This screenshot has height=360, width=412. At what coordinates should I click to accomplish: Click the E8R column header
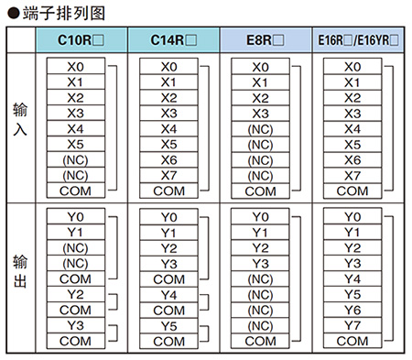pos(265,40)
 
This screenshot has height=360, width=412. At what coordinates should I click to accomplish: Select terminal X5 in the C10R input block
pos(76,144)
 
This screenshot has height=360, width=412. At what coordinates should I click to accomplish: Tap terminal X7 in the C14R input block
pos(169,175)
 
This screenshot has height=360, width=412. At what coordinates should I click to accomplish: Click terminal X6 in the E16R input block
pos(352,159)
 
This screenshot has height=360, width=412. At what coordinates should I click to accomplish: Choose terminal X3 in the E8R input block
pos(261,113)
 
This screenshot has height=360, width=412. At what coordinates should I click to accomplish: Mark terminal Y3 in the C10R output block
pos(76,325)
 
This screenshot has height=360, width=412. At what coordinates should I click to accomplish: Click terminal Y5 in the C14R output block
pos(169,325)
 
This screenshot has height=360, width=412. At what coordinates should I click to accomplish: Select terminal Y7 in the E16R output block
pos(352,325)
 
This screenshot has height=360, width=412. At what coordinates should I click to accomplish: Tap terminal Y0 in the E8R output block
pos(261,217)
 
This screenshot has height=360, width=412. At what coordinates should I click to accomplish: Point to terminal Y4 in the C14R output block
pos(169,294)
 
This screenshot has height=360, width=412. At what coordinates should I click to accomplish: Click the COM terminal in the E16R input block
pos(352,191)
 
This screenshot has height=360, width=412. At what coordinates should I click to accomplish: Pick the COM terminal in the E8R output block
pos(261,341)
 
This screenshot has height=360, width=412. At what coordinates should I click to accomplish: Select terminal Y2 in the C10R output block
pos(76,294)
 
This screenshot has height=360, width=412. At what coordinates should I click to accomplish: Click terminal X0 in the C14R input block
pos(169,67)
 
